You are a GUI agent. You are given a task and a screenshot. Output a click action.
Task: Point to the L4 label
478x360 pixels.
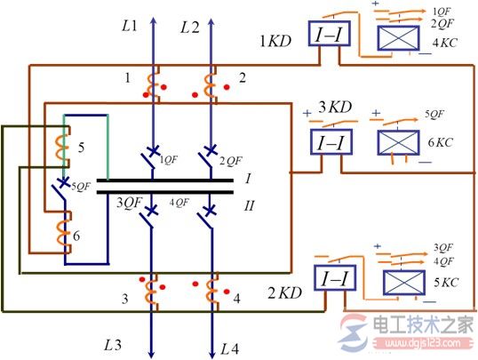tap(229, 344)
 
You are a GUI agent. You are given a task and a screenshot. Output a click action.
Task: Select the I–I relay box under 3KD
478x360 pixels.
tap(330, 141)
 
